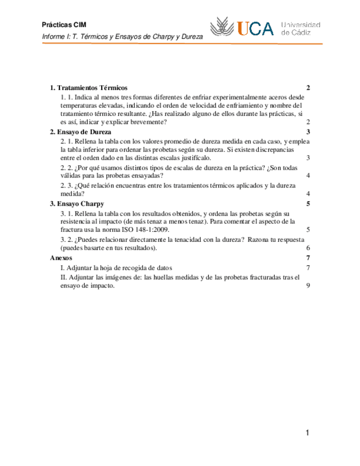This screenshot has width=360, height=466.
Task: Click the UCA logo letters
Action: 256,29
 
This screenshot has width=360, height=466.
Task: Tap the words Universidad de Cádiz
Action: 301,29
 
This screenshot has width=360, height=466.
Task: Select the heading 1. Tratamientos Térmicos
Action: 88,88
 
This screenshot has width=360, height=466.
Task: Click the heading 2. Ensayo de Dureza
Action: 80,132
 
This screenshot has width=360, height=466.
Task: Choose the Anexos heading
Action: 60,258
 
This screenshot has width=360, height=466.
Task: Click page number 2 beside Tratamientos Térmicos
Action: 309,88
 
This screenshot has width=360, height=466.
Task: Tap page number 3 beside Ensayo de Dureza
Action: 309,132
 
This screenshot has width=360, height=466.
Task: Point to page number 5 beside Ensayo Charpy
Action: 309,204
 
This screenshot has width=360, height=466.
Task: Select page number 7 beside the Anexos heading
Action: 309,258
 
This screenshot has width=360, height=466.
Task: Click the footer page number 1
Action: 307,434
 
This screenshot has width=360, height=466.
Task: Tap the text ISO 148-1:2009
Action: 146,230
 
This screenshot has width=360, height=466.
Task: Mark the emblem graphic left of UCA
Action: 223,27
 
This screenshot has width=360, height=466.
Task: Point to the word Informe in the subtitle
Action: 54,36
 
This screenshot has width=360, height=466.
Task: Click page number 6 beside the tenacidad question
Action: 309,248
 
